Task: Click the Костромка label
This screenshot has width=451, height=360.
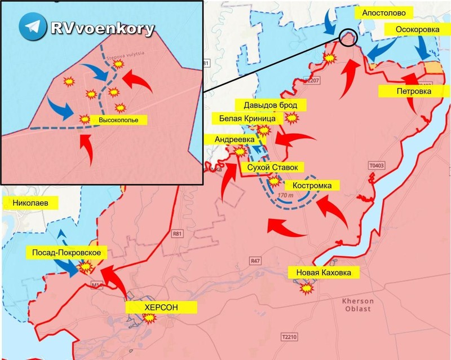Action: (x=313, y=185)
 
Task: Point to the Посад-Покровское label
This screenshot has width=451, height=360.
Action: (x=67, y=252)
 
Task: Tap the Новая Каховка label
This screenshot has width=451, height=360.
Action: (x=323, y=273)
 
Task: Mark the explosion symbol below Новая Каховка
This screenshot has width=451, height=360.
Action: (x=306, y=289)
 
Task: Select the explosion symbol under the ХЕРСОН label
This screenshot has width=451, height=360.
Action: (x=150, y=319)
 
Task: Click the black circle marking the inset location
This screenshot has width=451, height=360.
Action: (x=349, y=38)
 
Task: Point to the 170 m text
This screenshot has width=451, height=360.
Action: (x=286, y=195)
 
